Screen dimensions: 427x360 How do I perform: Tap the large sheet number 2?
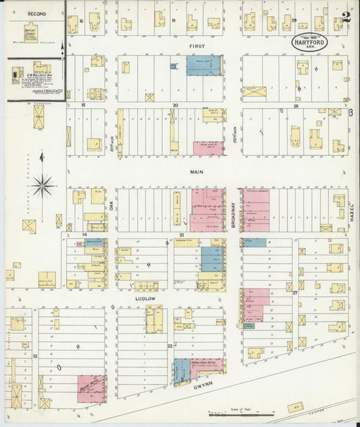(x=346, y=18)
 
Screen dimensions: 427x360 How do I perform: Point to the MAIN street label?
(x=196, y=172)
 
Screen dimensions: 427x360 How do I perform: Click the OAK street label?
(x=111, y=215)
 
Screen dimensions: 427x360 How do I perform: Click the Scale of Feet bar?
(x=241, y=413)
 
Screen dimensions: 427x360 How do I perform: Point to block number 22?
(x=170, y=346)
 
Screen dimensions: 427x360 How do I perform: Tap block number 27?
(x=295, y=293)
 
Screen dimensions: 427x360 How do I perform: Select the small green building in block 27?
(x=249, y=326)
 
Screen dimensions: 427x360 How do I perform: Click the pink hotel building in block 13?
(x=91, y=388)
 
